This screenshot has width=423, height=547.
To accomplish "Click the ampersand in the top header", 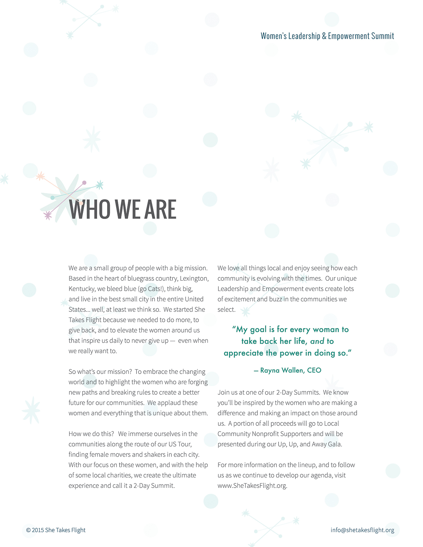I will pos(324,36).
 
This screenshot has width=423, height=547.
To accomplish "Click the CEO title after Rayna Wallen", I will pos(314,370).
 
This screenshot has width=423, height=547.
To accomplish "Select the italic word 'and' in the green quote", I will pos(317,341).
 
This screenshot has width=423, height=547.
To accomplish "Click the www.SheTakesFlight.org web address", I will pos(252,486).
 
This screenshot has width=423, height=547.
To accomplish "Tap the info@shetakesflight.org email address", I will pos(362,530).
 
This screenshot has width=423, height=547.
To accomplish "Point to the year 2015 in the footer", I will pos(38,530).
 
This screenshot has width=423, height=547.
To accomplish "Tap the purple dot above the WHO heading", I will pos(84,183).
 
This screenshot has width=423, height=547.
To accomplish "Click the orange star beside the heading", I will pos(40,176).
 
